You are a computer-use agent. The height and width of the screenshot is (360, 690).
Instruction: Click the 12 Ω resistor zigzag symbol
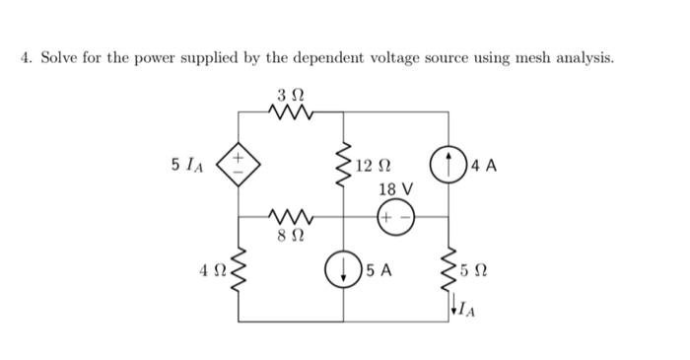pyautogui.click(x=344, y=166)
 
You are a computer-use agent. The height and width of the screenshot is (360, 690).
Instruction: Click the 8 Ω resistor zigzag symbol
pyautogui.click(x=293, y=216)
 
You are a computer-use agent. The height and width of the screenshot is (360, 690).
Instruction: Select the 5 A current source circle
pyautogui.click(x=344, y=268)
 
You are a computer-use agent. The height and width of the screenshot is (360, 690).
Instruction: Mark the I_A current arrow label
pyautogui.click(x=464, y=309)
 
